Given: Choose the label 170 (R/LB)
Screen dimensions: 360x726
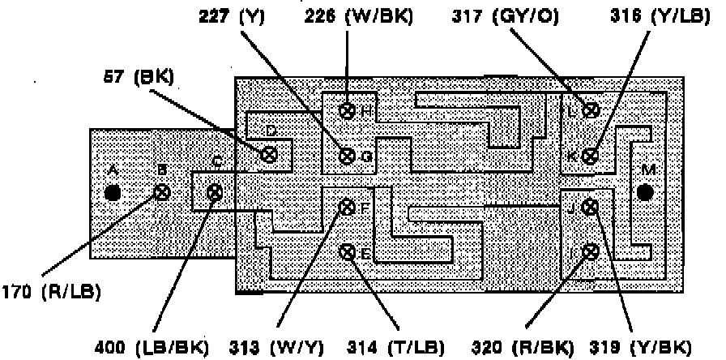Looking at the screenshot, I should click(x=47, y=287).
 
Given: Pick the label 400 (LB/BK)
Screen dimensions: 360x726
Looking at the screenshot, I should click(x=164, y=345).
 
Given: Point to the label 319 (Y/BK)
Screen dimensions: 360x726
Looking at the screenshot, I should click(x=657, y=345).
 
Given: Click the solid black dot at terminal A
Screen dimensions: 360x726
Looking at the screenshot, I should click(x=113, y=193).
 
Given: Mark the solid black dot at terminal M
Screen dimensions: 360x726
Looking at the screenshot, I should click(x=645, y=192).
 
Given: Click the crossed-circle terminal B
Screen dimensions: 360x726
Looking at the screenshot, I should click(x=162, y=193).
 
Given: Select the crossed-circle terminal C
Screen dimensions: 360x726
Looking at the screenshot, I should click(x=215, y=192).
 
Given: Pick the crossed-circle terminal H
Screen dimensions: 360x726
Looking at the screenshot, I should click(x=348, y=110).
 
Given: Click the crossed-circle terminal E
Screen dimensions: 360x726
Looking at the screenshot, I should click(x=348, y=252).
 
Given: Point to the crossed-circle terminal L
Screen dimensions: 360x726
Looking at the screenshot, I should click(x=591, y=111).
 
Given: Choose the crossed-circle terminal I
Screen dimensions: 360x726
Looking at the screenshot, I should click(x=591, y=251).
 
